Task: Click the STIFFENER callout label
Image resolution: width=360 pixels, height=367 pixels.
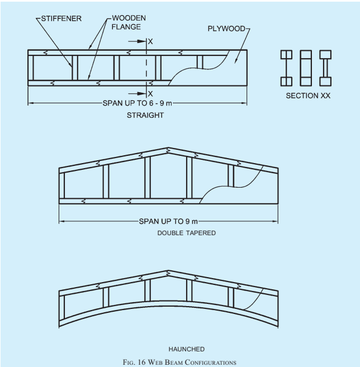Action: click(61, 18)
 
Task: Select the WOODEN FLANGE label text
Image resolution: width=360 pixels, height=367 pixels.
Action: click(129, 22)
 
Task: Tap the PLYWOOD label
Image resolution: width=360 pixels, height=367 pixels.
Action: click(226, 28)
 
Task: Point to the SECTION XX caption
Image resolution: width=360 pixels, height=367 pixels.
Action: click(308, 96)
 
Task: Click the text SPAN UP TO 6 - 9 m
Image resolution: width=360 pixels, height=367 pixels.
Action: click(138, 103)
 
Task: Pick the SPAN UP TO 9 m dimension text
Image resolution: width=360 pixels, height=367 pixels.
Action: click(168, 221)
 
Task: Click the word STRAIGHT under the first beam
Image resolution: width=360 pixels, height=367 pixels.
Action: click(145, 115)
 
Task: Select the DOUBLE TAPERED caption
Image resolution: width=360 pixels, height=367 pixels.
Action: click(187, 233)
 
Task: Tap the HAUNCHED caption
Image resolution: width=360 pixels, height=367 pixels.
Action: click(187, 349)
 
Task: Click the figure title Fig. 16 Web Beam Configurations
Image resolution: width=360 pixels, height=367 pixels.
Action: click(179, 363)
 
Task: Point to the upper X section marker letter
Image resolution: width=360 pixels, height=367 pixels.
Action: click(150, 42)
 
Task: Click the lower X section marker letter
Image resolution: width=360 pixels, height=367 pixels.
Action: click(150, 94)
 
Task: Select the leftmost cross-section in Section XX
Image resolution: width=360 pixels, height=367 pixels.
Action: click(286, 68)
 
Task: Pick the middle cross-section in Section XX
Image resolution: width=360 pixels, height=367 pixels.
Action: click(306, 68)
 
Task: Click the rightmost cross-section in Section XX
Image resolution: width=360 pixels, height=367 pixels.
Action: click(325, 68)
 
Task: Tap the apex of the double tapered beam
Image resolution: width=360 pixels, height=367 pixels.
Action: click(168, 147)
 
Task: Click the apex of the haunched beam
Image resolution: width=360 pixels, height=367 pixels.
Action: click(168, 270)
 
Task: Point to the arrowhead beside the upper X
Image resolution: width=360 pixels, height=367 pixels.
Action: click(141, 41)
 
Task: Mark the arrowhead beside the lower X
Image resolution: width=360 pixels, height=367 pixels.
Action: click(141, 94)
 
